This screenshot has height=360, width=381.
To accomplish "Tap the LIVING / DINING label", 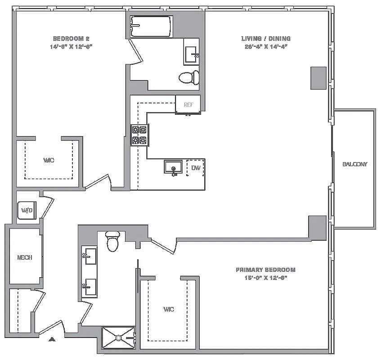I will click(x=266, y=39).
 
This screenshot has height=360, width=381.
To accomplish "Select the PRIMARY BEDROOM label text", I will click(x=265, y=270).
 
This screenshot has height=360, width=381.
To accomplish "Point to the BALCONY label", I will click(x=355, y=164).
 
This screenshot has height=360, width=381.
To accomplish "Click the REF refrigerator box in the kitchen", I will click(x=188, y=104).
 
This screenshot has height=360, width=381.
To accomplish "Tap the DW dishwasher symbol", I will click(x=196, y=168).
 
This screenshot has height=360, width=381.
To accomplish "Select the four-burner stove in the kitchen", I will click(x=139, y=135).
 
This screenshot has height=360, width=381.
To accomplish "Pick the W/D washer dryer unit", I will click(x=26, y=210).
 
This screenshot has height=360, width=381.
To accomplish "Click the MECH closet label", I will click(x=24, y=258).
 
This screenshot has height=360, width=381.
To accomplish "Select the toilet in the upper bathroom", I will click(x=189, y=77).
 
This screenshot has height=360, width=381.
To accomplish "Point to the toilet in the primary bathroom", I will click(x=112, y=242).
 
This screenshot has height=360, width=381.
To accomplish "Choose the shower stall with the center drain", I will click(x=118, y=337).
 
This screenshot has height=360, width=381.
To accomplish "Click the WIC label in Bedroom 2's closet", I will click(x=49, y=160).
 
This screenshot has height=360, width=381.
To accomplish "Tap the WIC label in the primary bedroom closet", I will click(x=168, y=309).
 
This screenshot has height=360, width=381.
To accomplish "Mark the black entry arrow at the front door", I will click(x=53, y=339).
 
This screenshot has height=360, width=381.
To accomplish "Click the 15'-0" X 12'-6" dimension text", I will click(x=265, y=278).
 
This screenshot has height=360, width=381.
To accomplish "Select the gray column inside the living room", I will click(x=318, y=78).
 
